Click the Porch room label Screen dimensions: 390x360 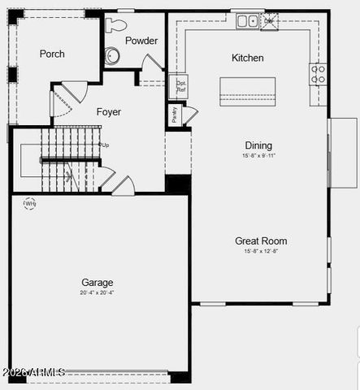point(52,54)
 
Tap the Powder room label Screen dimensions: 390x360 point(141,41)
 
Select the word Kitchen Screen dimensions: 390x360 point(248,58)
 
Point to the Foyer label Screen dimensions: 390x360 point(109,111)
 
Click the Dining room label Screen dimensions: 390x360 point(258,145)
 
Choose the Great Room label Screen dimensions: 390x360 point(261,240)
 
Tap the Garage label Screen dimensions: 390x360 point(97,283)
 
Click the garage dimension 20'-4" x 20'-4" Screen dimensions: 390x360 point(97,292)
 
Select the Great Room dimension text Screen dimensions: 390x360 point(261,251)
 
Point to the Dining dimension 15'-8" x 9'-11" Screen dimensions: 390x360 point(258,155)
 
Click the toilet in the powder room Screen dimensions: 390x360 point(112,55)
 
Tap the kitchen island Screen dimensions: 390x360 point(247,90)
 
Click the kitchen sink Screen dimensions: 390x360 point(247,21)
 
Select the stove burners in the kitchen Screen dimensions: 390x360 point(318,74)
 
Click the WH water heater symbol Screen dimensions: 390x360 point(30,203)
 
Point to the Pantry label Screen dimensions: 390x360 point(174,115)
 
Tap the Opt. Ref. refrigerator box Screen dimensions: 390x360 point(181,85)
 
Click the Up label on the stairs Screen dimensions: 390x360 point(105,145)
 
